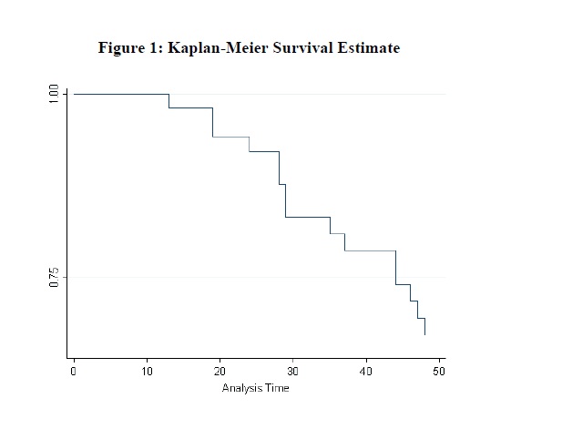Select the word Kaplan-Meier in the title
point(218,48)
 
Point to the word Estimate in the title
point(369,47)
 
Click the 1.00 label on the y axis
point(54,94)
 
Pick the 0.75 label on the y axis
point(54,278)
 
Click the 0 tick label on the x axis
point(74,372)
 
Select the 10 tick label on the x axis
point(147,372)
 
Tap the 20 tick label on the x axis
point(220,372)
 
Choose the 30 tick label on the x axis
point(292,372)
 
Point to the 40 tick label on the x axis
point(366,372)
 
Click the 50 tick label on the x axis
point(439,372)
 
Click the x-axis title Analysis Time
point(256,389)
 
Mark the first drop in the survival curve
point(169,101)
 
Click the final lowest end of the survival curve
point(425,335)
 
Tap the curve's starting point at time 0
point(74,94)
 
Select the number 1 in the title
point(153,48)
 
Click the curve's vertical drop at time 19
point(212,122)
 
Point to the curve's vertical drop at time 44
point(395,268)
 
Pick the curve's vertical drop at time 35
point(330,226)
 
